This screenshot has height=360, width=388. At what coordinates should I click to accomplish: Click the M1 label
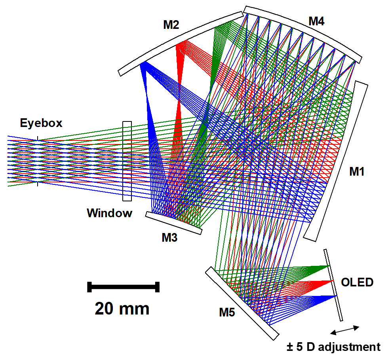(357, 171)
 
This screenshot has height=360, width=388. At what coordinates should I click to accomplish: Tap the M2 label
(171, 25)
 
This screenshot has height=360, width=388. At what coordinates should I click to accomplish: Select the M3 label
(169, 238)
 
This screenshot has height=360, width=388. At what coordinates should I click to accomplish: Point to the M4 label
(316, 21)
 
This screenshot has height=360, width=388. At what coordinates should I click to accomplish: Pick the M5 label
(227, 313)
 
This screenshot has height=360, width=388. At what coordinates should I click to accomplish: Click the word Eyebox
(41, 123)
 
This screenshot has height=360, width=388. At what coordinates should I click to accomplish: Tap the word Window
(110, 213)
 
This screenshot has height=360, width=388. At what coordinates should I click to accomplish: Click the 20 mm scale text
(122, 309)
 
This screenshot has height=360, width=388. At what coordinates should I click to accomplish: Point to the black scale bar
(123, 287)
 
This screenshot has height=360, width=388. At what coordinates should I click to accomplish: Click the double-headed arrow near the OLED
(345, 330)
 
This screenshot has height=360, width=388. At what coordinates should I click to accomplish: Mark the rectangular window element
(127, 161)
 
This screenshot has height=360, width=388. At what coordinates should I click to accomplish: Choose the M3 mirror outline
(173, 223)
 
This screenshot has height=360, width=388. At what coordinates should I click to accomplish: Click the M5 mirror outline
(242, 303)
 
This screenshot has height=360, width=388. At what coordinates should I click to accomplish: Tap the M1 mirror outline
(336, 161)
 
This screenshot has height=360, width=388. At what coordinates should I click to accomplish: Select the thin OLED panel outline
(333, 285)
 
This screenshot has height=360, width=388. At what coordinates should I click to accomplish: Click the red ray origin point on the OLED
(332, 281)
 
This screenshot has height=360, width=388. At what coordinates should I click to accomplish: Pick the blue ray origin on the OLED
(336, 296)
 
